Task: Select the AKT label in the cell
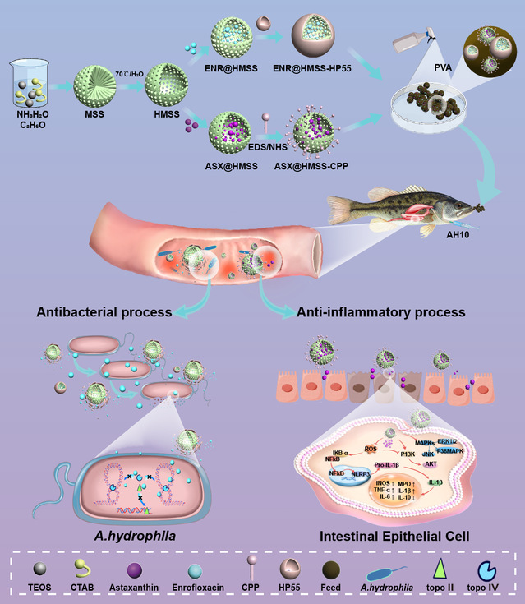pyautogui.click(x=430, y=463)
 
